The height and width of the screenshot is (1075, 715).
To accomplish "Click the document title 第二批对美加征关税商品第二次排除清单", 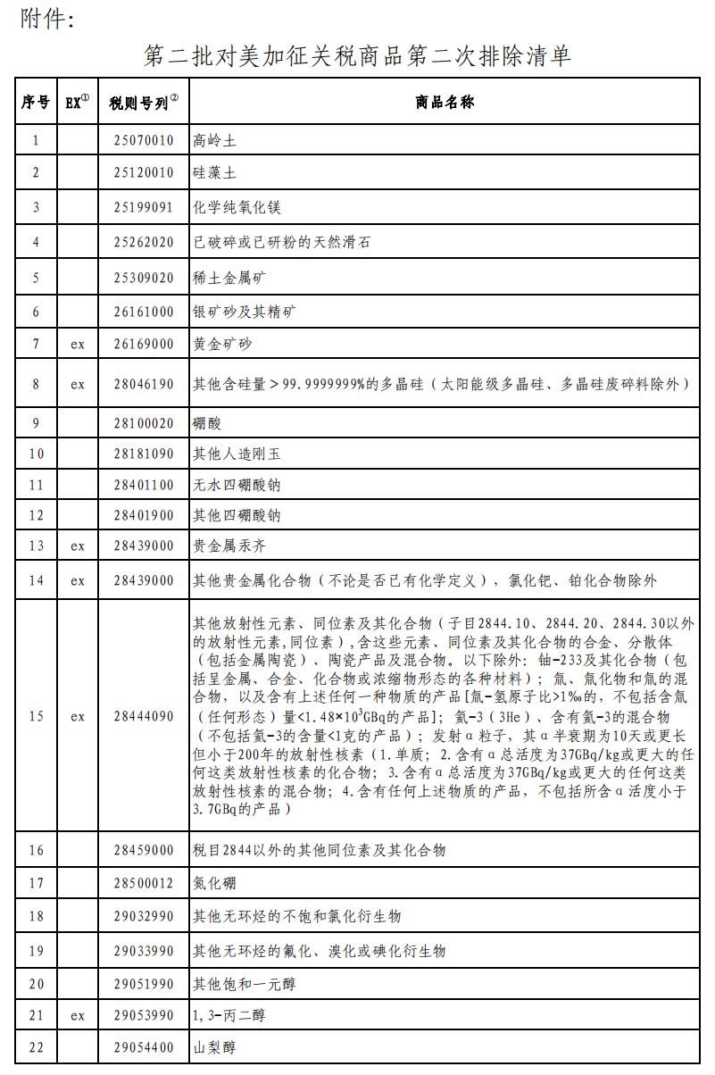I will coord(357,56).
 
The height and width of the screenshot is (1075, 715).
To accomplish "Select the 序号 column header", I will coord(36,103).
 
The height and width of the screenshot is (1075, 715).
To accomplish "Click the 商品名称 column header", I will coord(445,103).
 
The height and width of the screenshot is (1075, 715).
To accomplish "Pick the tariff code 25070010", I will coord(144,140).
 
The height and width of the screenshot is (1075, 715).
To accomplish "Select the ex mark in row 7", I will coord(78,344).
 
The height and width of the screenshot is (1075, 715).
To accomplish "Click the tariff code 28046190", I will coord(144,385).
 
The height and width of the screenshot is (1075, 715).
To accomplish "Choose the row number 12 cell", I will coord(36,515).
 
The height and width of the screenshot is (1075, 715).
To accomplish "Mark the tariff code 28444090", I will coord(144,716).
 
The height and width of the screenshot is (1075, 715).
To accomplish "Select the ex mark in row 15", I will coord(78,716).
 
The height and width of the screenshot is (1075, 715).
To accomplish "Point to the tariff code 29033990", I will coord(144,951).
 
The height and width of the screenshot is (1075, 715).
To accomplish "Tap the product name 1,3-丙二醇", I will coord(229,1015).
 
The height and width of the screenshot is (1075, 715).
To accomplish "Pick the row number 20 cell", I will coord(36,984).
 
